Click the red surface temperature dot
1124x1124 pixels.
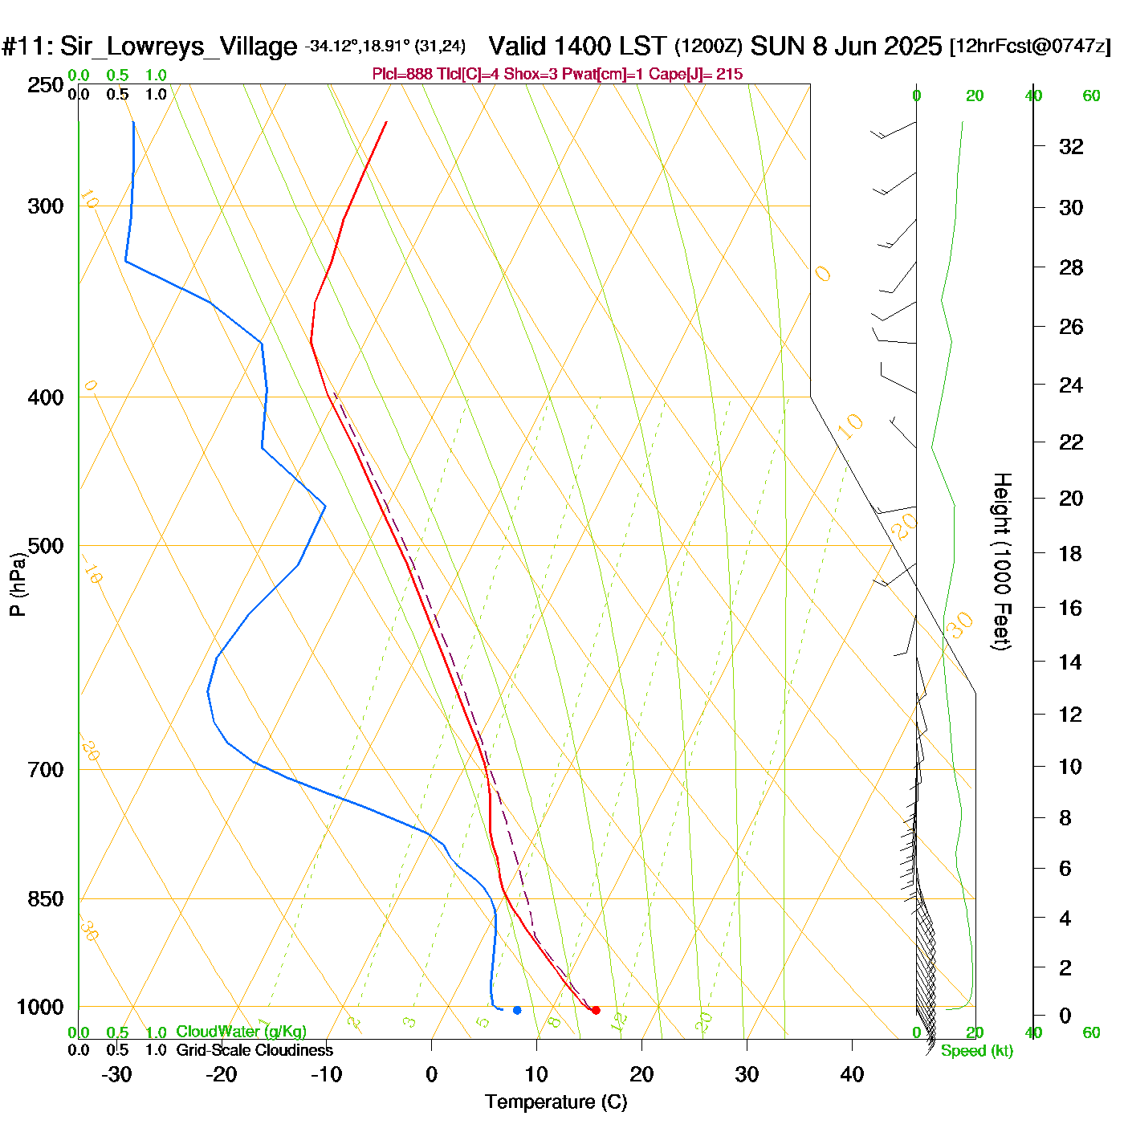[x=596, y=1010]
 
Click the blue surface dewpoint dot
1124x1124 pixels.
[x=517, y=1010]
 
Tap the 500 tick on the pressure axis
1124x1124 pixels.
[x=46, y=546]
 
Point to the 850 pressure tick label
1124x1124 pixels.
[x=46, y=899]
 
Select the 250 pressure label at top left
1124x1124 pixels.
[x=46, y=85]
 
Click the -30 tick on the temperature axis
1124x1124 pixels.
[x=116, y=1074]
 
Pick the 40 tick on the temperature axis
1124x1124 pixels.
[x=852, y=1074]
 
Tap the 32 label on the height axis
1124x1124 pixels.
[x=1071, y=146]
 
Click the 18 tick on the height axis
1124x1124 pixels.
[x=1070, y=553]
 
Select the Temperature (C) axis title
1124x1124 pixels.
[x=556, y=1102]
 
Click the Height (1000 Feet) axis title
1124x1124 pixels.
[x=1002, y=561]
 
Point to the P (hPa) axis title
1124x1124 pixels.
[x=18, y=584]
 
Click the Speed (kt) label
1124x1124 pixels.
[x=977, y=1051]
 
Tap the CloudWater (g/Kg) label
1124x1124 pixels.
[x=241, y=1032]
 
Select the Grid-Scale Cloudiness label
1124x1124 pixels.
[x=255, y=1050]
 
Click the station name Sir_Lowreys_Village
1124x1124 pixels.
[x=178, y=47]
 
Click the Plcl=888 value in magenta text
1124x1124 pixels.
[x=402, y=75]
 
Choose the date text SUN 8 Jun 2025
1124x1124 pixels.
[x=845, y=46]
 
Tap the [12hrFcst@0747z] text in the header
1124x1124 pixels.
[x=1030, y=47]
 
